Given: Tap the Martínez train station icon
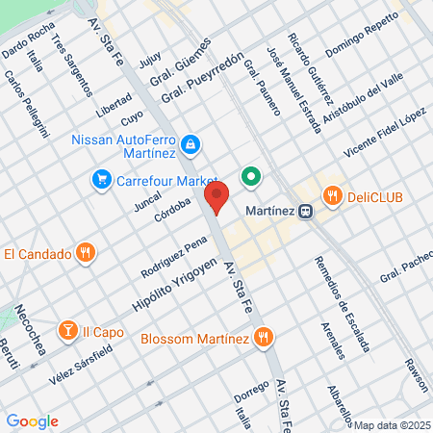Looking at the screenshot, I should [305, 212].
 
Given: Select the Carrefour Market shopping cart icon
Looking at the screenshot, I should [99, 179].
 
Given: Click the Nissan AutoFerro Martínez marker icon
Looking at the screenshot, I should [191, 144].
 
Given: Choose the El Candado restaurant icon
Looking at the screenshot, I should [86, 254].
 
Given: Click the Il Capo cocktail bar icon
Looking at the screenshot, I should [68, 332].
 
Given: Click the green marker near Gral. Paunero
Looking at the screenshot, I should [252, 177].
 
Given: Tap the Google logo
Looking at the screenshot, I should [32, 421].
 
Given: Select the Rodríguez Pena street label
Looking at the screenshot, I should [174, 254].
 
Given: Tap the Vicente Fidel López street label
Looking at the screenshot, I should [384, 135].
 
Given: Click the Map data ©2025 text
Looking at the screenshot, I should [391, 424].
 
